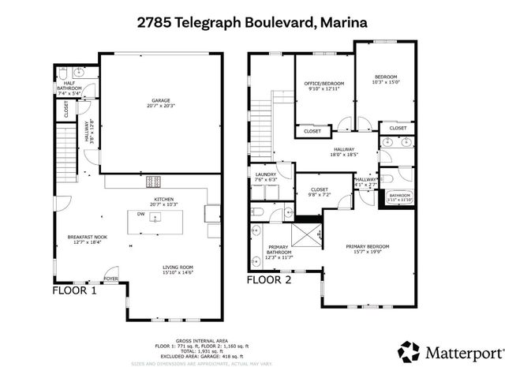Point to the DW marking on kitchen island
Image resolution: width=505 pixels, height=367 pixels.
click(x=140, y=214)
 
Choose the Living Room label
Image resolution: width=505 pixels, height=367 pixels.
click(x=178, y=270)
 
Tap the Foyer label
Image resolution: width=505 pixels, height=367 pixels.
click(x=111, y=278)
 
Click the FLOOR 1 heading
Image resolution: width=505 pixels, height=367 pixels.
click(x=74, y=290)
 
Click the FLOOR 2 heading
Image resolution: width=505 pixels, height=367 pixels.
click(x=270, y=279)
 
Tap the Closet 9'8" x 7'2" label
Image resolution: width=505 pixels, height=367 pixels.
click(x=320, y=191)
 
